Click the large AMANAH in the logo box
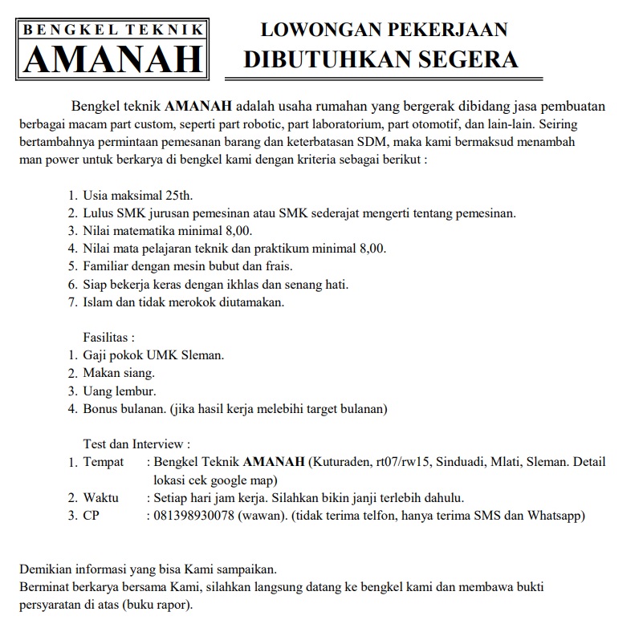click(x=113, y=59)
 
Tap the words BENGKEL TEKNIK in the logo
click(x=113, y=30)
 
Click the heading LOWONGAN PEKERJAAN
click(x=385, y=30)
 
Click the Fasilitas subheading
click(x=109, y=338)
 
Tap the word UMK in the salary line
click(x=161, y=355)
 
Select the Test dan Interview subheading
click(x=136, y=444)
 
